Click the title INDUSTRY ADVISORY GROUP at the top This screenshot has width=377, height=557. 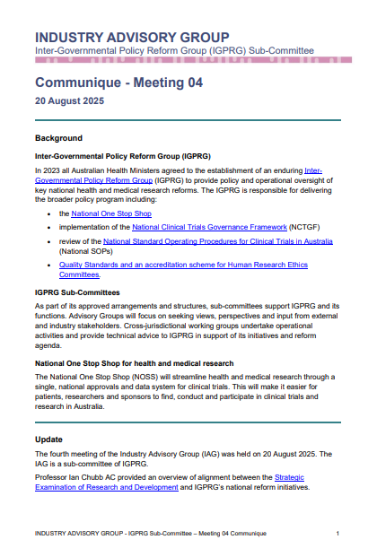click(x=131, y=37)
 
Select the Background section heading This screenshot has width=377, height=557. click(x=58, y=138)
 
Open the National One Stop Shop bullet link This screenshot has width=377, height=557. click(x=111, y=215)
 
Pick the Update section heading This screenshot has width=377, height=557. click(x=48, y=440)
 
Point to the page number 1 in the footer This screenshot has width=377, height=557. click(x=337, y=534)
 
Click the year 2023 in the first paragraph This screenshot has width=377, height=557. click(x=49, y=170)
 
